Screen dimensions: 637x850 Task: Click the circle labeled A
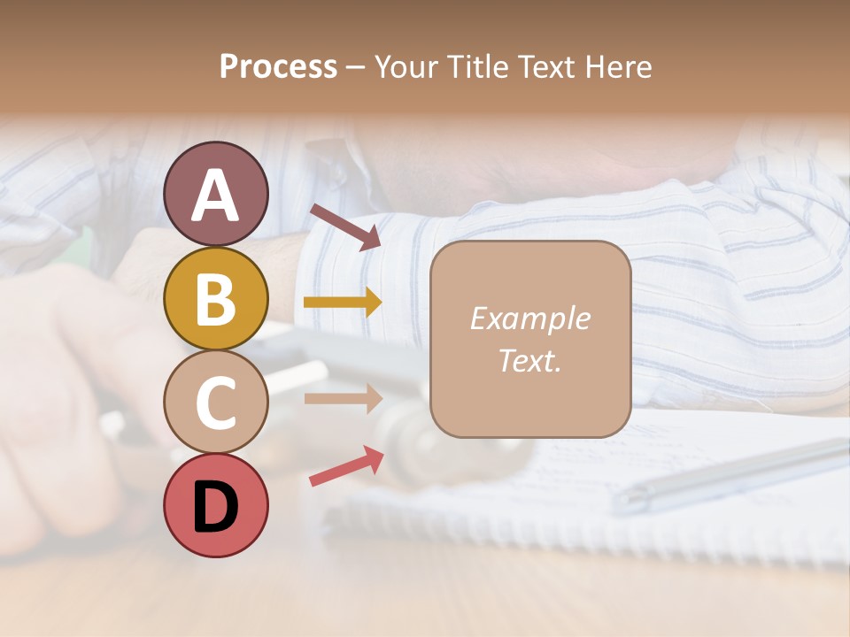pyautogui.click(x=215, y=194)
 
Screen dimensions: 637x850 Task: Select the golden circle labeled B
pyautogui.click(x=215, y=298)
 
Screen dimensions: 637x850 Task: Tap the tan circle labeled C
pyautogui.click(x=215, y=402)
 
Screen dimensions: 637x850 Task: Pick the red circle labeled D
pyautogui.click(x=215, y=505)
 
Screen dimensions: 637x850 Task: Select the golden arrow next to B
pyautogui.click(x=343, y=303)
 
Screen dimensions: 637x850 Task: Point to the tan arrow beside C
pyautogui.click(x=343, y=398)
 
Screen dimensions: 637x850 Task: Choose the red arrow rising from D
pyautogui.click(x=346, y=466)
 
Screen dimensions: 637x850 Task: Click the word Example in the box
pyautogui.click(x=529, y=318)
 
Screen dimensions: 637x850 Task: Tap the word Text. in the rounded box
pyautogui.click(x=529, y=360)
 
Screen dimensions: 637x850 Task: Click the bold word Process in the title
pyautogui.click(x=278, y=66)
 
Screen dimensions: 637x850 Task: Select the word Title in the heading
pyautogui.click(x=480, y=66)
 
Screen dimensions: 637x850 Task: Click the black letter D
pyautogui.click(x=215, y=507)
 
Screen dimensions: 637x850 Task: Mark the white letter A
pyautogui.click(x=215, y=196)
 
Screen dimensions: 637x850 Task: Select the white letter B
pyautogui.click(x=215, y=299)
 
